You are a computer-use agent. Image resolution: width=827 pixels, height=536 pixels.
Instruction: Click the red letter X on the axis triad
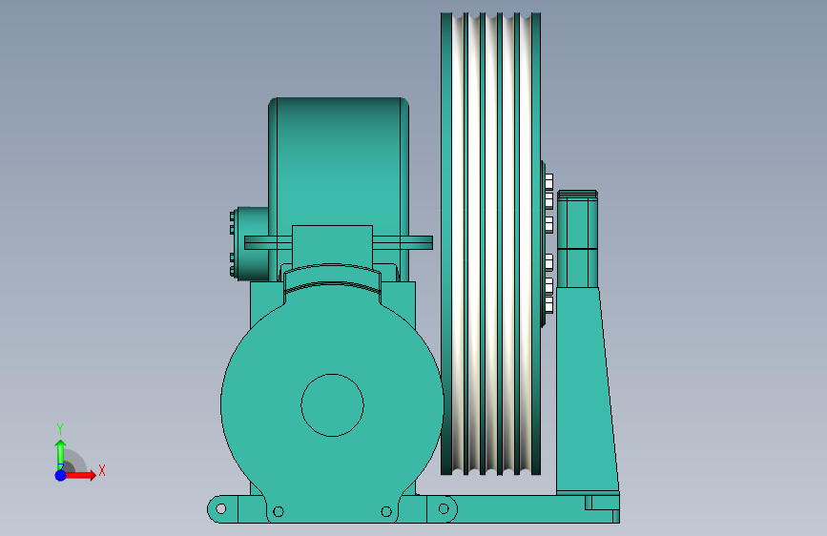(102, 470)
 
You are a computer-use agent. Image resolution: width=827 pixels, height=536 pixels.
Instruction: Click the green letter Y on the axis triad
(60, 429)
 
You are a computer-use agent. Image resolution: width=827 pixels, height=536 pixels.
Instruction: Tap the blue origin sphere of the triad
(61, 475)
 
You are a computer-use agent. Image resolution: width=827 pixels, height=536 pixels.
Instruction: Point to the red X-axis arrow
(79, 475)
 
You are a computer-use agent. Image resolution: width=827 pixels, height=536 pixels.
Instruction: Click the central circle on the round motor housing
(332, 405)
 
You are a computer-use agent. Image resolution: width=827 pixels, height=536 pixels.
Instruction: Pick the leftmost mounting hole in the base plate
(221, 509)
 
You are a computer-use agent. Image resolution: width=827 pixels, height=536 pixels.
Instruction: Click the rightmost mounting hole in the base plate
(444, 508)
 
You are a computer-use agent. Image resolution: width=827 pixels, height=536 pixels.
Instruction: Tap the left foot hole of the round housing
(279, 511)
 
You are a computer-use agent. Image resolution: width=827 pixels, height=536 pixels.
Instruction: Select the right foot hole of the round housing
(386, 511)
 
